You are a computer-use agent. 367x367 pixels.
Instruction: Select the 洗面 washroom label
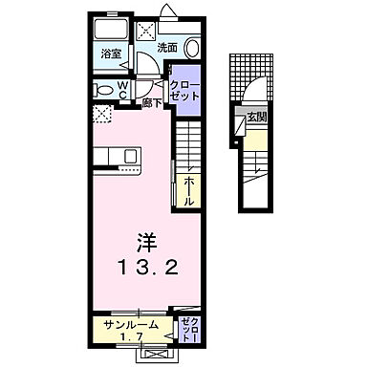click(x=167, y=48)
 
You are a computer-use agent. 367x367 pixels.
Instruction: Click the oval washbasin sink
click(x=191, y=49)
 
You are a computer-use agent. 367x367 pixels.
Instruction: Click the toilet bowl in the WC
click(x=102, y=89)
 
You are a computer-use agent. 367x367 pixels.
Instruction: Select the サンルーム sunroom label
click(x=133, y=325)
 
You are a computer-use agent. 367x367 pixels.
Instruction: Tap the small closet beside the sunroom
click(x=186, y=329)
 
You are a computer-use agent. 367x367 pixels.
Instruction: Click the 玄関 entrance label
click(x=255, y=118)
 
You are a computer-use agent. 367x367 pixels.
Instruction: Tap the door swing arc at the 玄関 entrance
click(x=251, y=95)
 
